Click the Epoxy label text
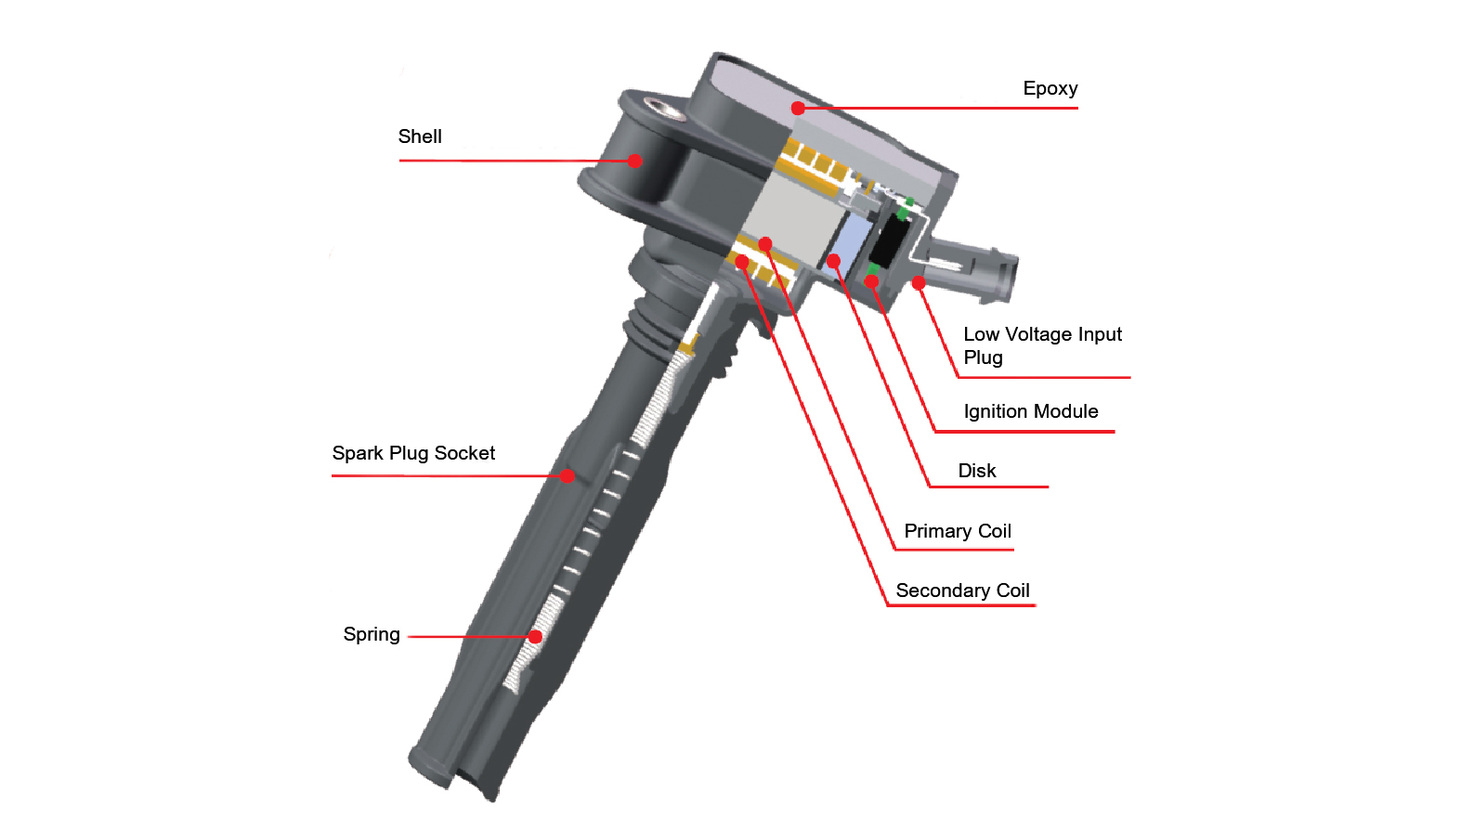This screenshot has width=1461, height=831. click(1050, 89)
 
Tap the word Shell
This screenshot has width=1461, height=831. click(420, 137)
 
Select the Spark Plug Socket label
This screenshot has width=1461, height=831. click(413, 454)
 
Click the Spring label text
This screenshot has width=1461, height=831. click(372, 635)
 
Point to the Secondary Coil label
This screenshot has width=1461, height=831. click(962, 591)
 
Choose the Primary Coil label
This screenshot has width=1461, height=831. click(958, 532)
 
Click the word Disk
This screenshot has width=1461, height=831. click(977, 472)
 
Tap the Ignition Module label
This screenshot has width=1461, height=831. click(1030, 412)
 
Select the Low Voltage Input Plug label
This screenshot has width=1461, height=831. click(1042, 346)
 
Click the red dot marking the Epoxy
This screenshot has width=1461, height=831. click(798, 109)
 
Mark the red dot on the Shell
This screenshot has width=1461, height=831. click(634, 161)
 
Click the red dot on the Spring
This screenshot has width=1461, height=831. click(535, 637)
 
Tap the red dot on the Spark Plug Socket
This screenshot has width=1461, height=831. click(567, 476)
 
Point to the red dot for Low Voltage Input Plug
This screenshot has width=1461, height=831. click(919, 283)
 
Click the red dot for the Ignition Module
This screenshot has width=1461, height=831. click(871, 281)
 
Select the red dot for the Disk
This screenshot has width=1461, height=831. click(834, 261)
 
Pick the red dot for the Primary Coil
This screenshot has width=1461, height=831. click(765, 244)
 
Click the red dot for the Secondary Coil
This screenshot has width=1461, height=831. click(741, 262)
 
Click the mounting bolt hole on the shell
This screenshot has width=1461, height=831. click(665, 110)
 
